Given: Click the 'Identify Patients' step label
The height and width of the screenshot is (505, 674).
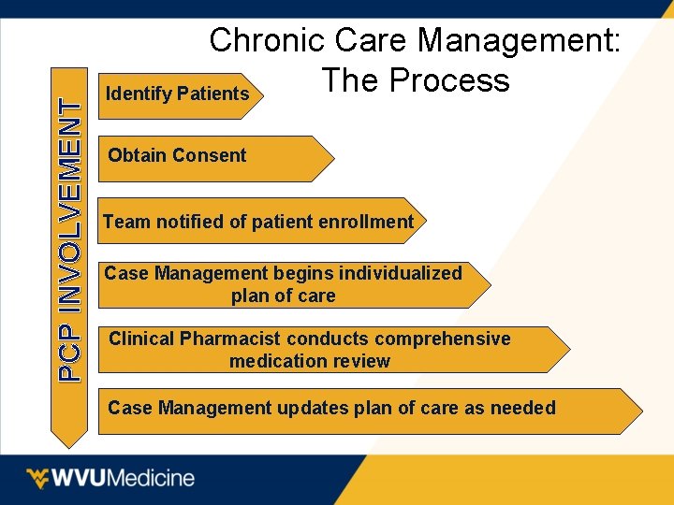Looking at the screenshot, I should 177,94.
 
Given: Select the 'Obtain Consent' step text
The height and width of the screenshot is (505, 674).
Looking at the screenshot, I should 177,156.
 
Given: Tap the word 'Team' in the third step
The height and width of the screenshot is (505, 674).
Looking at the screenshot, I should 125,223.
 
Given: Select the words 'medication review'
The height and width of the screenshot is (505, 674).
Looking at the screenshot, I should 309,361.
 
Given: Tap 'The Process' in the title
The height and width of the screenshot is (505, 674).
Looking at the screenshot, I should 415,81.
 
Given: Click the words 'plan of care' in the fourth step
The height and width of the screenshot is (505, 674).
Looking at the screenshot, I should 283,296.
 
